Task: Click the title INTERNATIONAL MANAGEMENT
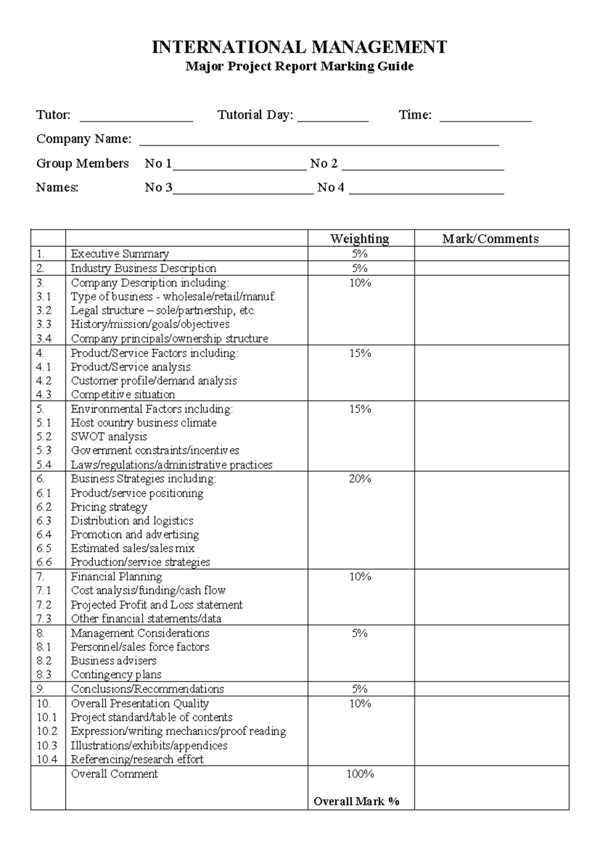pyautogui.click(x=299, y=47)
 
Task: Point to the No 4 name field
pyautogui.click(x=426, y=191)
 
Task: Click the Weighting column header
pyautogui.click(x=359, y=238)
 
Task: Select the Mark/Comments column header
pyautogui.click(x=490, y=238)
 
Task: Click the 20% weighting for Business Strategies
pyautogui.click(x=360, y=479)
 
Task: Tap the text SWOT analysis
pyautogui.click(x=109, y=436)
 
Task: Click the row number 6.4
pyautogui.click(x=44, y=534)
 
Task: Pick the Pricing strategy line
pyautogui.click(x=109, y=507)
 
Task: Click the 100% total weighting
pyautogui.click(x=360, y=774)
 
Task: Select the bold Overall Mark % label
pyautogui.click(x=356, y=801)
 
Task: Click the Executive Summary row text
pyautogui.click(x=120, y=253)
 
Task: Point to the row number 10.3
pyautogui.click(x=47, y=745)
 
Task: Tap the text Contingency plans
pyautogui.click(x=116, y=674)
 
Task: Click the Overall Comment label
pyautogui.click(x=114, y=774)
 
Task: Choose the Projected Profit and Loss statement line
pyautogui.click(x=156, y=604)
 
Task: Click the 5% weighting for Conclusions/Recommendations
pyautogui.click(x=360, y=689)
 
